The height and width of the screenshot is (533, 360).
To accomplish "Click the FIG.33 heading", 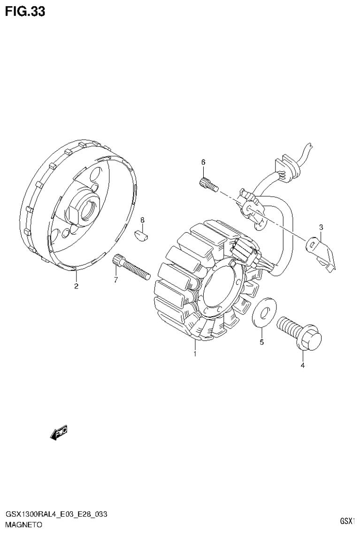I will [25, 11].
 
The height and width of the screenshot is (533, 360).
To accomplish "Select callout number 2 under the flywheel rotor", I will [76, 286].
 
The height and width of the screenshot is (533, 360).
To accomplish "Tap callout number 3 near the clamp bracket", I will [321, 228].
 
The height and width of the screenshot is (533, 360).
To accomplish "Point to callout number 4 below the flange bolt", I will [302, 365].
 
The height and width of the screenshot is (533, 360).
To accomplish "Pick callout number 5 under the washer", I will [262, 342].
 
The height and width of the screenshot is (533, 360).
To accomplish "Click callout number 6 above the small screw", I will [203, 162].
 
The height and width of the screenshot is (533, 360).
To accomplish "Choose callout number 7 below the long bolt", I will [115, 280].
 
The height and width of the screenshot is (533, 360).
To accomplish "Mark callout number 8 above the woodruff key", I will [142, 220].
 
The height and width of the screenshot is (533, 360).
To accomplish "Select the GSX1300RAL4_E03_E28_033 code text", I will [56, 515].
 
